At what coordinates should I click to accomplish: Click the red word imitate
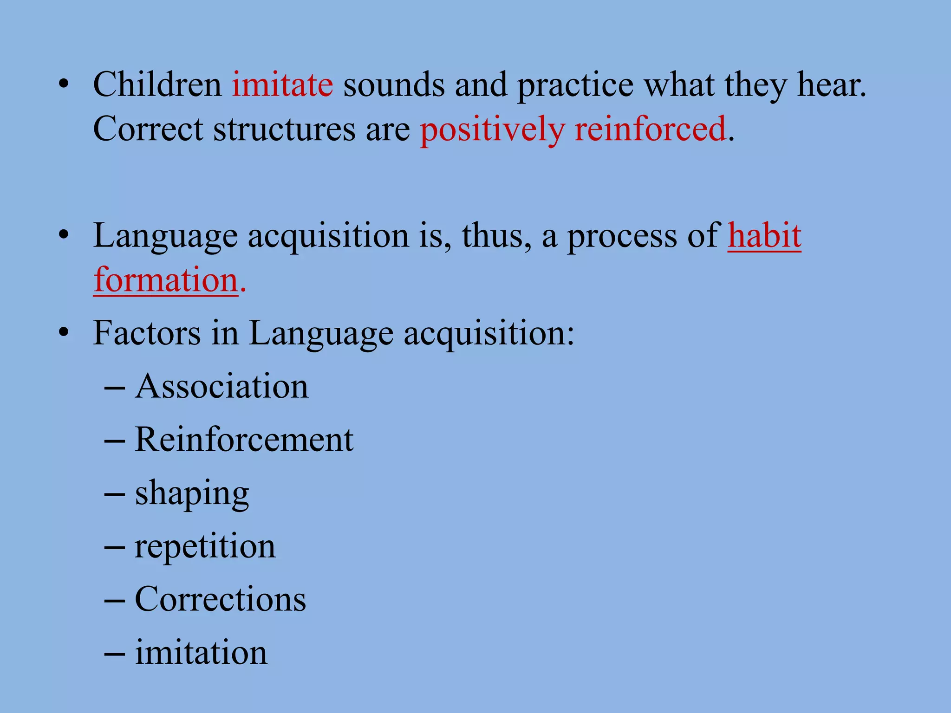pos(282,85)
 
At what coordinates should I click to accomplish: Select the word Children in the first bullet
pos(157,85)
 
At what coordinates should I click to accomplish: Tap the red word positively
pos(492,130)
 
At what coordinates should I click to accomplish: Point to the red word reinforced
pos(650,130)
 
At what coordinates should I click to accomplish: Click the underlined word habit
pos(764,236)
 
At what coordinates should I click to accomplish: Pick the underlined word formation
pos(166,280)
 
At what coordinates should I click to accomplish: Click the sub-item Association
pos(221,387)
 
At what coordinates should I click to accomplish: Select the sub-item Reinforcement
pos(244,440)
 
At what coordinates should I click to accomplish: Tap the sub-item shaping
pos(192,494)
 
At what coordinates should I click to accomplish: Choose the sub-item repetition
pos(205,547)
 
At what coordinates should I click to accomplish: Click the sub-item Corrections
pos(220,599)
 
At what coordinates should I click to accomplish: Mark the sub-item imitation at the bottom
pos(201,653)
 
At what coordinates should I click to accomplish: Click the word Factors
pos(147,333)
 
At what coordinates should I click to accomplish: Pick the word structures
pos(284,130)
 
